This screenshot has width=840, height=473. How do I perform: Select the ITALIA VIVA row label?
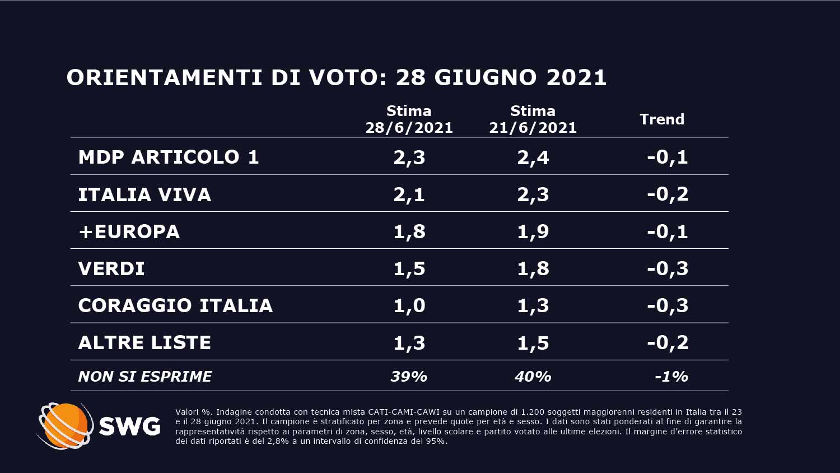(x=144, y=194)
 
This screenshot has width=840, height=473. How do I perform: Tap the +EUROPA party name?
(x=129, y=231)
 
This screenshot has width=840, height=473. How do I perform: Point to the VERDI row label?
(x=111, y=268)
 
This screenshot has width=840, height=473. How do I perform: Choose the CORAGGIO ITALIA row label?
(x=175, y=305)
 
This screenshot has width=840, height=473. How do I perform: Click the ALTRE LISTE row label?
(x=144, y=342)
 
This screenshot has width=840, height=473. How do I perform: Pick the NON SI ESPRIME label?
(x=145, y=377)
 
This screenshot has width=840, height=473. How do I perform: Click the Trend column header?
(x=662, y=119)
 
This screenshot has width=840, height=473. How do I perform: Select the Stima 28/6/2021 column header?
(x=409, y=119)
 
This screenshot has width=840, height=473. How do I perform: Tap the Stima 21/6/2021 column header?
(x=533, y=119)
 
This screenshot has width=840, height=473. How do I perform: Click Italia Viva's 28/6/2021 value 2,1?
(x=409, y=194)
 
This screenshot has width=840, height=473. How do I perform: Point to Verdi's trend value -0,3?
(x=668, y=268)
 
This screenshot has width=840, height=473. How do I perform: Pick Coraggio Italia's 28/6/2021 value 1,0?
(x=409, y=305)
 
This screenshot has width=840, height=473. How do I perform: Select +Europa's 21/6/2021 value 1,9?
(x=533, y=231)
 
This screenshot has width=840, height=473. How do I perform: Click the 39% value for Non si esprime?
(x=409, y=377)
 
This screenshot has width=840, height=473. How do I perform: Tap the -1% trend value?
(x=671, y=377)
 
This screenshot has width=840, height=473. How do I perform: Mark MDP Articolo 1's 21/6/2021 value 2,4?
(x=533, y=157)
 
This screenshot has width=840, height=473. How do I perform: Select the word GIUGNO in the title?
(x=485, y=78)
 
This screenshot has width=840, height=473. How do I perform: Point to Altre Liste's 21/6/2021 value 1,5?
(x=533, y=342)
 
